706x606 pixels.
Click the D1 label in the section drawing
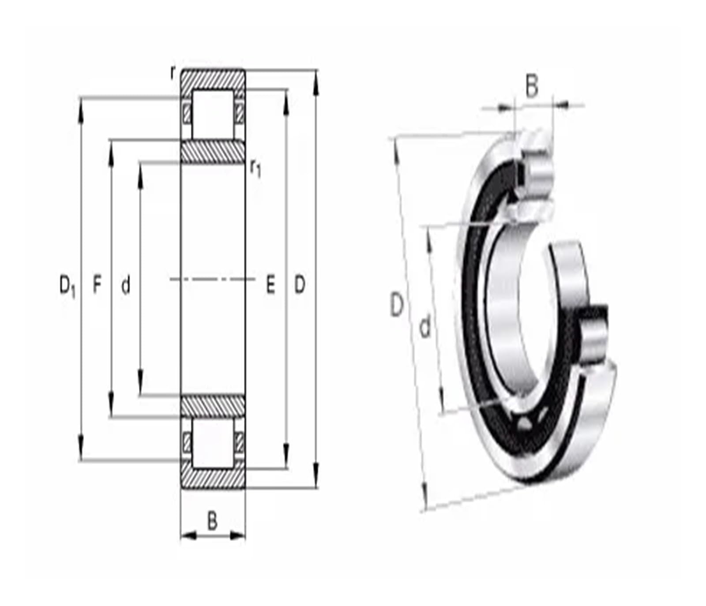pos(68,285)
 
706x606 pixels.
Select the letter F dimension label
pos(97,284)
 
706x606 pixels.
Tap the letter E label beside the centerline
pos(270,285)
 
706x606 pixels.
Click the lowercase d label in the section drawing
pos(126,285)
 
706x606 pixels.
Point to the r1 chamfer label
pos(255,168)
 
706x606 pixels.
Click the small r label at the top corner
pos(173,72)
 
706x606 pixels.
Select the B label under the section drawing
pos(212,521)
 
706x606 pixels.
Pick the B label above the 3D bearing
pos(532,86)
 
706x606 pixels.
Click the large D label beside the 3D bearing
pos(397,305)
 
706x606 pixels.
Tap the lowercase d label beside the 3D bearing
pos(424,328)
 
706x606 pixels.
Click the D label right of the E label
pos(300,285)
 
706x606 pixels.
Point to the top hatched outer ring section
pos(213,79)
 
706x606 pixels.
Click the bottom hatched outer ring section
pos(213,479)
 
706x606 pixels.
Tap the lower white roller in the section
pos(213,442)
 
